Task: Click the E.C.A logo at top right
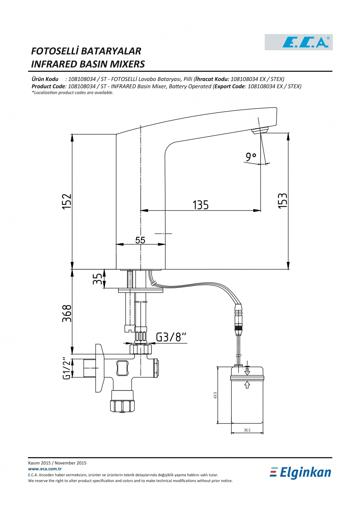coord(298,42)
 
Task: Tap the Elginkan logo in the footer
coord(300,473)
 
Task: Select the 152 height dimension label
coord(67,201)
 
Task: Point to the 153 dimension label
coord(282,200)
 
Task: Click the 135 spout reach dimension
coord(201,205)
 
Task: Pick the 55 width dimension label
coord(140,240)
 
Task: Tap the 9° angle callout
coord(251,157)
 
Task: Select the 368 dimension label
coord(67,313)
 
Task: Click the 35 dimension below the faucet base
coord(97,279)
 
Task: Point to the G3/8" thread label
coord(171,337)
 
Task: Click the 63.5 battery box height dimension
coord(215,395)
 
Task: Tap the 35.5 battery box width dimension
coord(247,430)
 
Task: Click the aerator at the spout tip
coord(260,131)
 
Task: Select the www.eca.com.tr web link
coord(45,469)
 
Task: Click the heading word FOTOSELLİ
coord(55,51)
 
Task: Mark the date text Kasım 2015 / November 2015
coord(57,463)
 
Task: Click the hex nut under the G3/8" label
coord(141,349)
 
